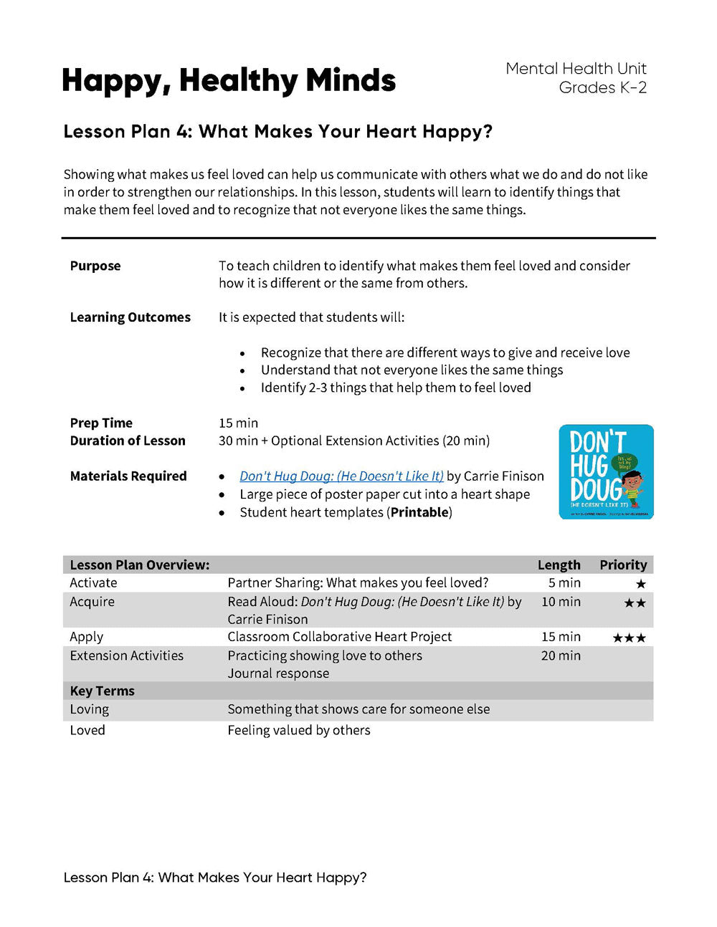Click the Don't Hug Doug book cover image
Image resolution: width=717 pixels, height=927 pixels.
coord(606,472)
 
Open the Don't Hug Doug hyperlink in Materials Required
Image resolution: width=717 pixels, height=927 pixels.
coord(341,476)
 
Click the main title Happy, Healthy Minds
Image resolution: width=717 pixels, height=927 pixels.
coord(229,80)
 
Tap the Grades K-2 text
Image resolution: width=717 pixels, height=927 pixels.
coord(602,88)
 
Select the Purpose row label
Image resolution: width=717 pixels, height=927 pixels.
coord(95,266)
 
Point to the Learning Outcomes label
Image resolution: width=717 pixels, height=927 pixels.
coord(130,317)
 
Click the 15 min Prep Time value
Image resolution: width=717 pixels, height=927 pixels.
coord(238,423)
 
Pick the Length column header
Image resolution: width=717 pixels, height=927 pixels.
coord(559,565)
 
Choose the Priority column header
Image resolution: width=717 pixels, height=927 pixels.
coord(623,565)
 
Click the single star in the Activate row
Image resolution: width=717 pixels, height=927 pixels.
coord(641,585)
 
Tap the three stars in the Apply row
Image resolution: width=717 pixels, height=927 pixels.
coord(629,638)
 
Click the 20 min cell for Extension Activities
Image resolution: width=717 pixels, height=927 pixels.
coord(561,655)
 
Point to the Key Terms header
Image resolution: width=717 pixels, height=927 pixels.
coord(102,691)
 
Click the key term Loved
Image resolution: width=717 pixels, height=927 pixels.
coord(87,730)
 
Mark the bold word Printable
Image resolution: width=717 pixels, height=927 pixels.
coord(419,512)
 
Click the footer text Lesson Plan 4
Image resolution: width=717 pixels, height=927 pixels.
coord(215,878)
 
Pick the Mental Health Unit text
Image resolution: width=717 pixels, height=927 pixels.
coord(576,69)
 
